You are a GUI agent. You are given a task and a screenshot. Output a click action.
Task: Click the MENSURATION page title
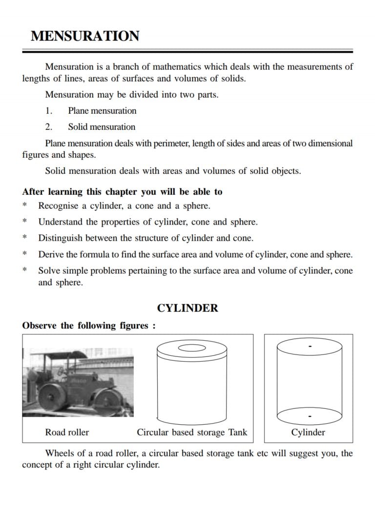click(84, 36)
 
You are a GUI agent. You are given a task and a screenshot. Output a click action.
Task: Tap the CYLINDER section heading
click(187, 308)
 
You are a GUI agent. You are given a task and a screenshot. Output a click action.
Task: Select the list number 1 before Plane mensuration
click(48, 111)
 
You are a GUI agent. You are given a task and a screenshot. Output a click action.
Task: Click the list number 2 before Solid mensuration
click(48, 127)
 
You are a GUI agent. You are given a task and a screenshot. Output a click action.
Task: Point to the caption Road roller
click(67, 432)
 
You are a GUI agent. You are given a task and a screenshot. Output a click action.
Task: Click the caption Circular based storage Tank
click(192, 432)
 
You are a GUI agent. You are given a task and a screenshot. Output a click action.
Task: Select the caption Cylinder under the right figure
click(308, 432)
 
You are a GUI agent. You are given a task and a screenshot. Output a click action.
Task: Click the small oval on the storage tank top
click(191, 348)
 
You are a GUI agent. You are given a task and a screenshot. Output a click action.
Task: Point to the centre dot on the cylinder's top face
click(310, 347)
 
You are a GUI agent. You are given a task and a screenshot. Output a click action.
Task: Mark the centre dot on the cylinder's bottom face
click(310, 416)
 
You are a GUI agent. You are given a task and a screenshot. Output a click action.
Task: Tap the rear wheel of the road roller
click(52, 393)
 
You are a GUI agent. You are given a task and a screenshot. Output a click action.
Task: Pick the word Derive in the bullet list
click(51, 254)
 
